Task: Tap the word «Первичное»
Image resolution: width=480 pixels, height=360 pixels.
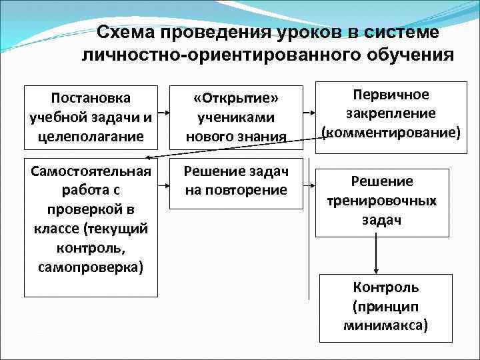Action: click(x=391, y=94)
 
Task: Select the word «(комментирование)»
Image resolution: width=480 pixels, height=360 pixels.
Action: click(x=391, y=132)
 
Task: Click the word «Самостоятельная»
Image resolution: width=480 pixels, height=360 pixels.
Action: click(x=91, y=171)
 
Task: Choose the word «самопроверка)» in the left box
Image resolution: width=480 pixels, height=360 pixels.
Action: click(x=91, y=267)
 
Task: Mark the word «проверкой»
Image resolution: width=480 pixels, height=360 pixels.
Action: click(x=91, y=210)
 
